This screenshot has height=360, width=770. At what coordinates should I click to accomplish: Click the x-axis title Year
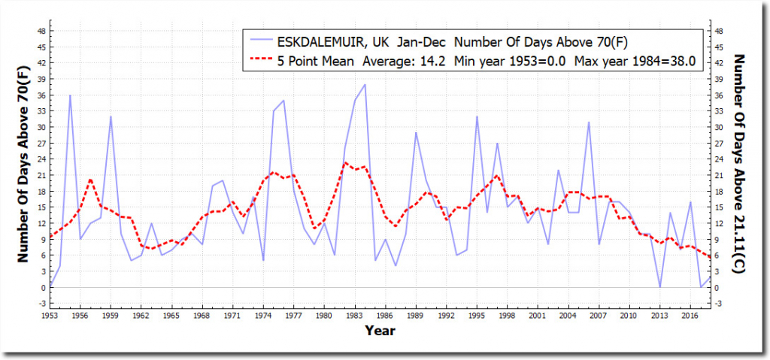click(380, 330)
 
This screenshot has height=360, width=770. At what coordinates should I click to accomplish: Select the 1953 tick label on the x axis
click(50, 316)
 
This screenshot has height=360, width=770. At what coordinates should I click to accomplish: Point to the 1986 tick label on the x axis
click(384, 316)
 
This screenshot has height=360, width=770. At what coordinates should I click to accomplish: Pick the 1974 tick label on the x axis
click(263, 316)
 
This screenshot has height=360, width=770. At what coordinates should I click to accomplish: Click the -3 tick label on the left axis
click(43, 304)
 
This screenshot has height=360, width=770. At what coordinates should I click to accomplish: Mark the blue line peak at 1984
click(365, 85)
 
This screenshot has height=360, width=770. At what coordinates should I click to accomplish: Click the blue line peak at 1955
click(71, 95)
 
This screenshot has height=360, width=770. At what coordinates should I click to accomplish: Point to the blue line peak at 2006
click(588, 122)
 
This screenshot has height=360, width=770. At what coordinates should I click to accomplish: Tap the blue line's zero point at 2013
click(659, 287)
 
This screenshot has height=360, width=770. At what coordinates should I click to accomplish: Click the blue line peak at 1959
click(111, 116)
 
